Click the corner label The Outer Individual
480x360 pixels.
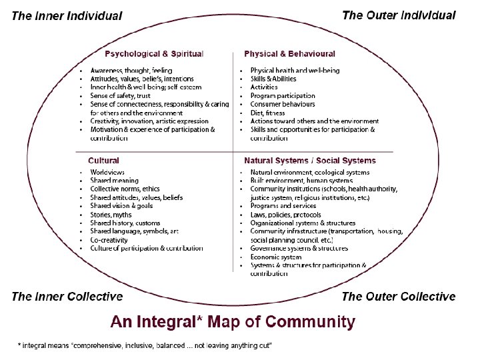click(399, 15)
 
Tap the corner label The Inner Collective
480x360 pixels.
click(67, 297)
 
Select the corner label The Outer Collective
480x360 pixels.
click(399, 297)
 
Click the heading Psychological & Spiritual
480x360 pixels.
click(154, 53)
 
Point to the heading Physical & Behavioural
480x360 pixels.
click(290, 53)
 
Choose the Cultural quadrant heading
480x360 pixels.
click(104, 161)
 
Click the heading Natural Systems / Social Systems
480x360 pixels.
click(310, 161)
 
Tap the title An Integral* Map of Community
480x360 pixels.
click(233, 322)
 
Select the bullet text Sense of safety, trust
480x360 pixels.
click(121, 95)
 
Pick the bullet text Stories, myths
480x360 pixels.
click(112, 215)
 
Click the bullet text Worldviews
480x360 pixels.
click(107, 172)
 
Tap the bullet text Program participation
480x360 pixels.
click(283, 95)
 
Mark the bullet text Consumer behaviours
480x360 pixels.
click(283, 104)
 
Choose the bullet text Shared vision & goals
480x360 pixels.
click(122, 206)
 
